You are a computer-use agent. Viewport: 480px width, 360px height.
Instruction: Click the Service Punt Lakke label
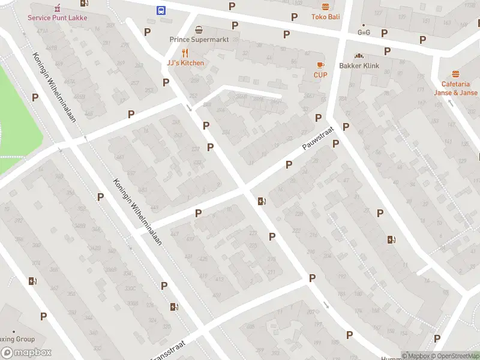[x=57, y=17]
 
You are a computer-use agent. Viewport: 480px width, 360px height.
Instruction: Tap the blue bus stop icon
[x=161, y=10]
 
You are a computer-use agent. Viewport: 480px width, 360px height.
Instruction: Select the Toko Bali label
[x=325, y=17]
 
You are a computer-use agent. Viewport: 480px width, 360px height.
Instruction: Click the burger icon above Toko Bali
[x=325, y=7]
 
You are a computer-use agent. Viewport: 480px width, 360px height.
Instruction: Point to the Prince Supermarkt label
[x=196, y=40]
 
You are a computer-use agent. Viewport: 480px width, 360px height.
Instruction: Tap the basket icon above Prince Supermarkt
[x=199, y=29]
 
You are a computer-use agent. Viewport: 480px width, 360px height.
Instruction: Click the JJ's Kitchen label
[x=185, y=63]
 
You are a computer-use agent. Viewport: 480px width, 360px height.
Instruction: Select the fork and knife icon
[x=185, y=53]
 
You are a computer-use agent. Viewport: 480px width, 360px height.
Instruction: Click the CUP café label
[x=320, y=75]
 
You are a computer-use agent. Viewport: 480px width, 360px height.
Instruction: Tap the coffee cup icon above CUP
[x=320, y=65]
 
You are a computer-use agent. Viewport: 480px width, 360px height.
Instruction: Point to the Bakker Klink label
[x=359, y=65]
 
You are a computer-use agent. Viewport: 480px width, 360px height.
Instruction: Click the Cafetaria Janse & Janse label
[x=456, y=88]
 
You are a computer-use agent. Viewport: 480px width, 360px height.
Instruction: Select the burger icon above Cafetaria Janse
[x=455, y=74]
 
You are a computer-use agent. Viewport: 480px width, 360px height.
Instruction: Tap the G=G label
[x=364, y=32]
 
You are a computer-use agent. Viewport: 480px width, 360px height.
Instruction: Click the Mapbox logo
[x=26, y=353]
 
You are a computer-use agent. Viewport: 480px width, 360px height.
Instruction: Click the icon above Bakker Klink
[x=359, y=56]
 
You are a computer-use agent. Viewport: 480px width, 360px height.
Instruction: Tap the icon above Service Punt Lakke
[x=58, y=8]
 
